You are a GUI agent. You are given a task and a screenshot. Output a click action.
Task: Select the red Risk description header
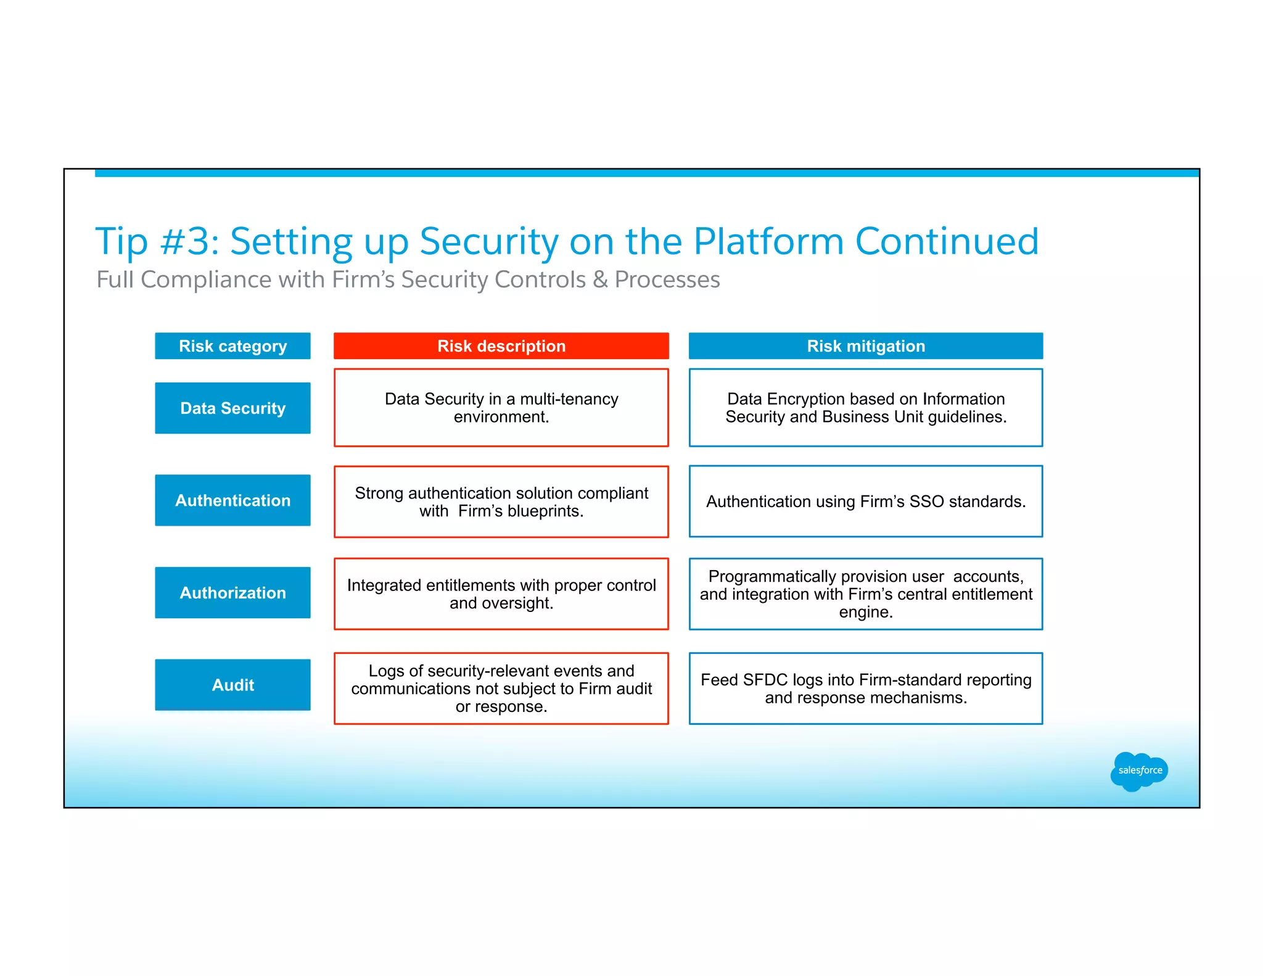click(x=501, y=346)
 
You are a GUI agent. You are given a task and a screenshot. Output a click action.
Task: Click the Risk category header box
click(x=232, y=346)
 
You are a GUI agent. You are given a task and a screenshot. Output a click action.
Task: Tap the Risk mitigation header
click(x=865, y=346)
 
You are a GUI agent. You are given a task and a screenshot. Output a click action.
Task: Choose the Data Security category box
click(x=232, y=408)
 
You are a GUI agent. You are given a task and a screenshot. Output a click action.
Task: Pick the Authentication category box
click(x=232, y=500)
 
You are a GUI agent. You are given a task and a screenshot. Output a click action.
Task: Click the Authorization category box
click(x=232, y=593)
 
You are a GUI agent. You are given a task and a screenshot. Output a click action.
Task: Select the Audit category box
click(x=232, y=685)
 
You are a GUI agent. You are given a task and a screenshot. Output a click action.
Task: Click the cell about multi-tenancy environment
click(x=501, y=408)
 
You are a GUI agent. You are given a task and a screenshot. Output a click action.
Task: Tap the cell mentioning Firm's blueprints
click(x=501, y=502)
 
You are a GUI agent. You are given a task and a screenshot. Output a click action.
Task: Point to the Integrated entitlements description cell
click(x=501, y=593)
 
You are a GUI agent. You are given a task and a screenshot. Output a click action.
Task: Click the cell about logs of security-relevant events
click(x=501, y=689)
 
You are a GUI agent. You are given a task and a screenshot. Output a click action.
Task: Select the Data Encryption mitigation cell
click(x=865, y=408)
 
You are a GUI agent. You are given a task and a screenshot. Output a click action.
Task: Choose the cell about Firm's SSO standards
click(x=865, y=502)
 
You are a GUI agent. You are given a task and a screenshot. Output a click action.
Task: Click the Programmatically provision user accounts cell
click(x=865, y=593)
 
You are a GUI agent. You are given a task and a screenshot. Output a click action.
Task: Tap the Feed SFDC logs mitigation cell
click(x=865, y=689)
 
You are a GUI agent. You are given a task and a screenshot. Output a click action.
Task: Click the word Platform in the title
click(x=768, y=241)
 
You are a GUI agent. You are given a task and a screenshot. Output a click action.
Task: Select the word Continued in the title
click(x=947, y=241)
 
